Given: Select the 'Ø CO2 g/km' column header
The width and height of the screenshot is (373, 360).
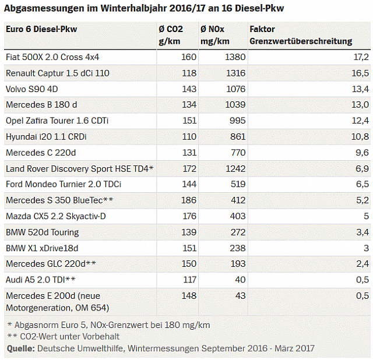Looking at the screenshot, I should coord(172,35).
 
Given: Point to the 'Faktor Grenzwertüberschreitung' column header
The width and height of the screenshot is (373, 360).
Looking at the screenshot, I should coord(300,35).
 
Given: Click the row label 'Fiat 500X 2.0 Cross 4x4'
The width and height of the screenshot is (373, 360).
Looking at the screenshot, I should coord(52,57).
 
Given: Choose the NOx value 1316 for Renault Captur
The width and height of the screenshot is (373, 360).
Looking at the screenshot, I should coord(235,73).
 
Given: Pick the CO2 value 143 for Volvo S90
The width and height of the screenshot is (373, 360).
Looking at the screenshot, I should coord(188,89).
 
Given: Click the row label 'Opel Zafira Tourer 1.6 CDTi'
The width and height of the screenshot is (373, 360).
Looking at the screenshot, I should coord(57,121).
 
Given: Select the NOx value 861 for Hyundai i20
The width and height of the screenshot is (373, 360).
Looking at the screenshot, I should coord(238,137).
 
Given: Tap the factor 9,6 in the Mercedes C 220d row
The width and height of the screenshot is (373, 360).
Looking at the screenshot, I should coord(362,153).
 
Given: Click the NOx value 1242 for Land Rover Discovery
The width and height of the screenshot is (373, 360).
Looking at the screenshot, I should coord(235,168).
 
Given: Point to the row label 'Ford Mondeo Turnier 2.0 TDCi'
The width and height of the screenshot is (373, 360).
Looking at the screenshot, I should coord(64,184).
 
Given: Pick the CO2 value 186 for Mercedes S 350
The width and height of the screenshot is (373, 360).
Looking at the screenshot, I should coord(188,200).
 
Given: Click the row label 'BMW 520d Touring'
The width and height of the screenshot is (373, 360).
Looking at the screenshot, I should coord(42,232).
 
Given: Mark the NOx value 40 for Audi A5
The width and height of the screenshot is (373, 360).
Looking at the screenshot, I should coord(240,280).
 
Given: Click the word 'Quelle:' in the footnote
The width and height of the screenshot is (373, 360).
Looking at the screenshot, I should coord(20,348).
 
